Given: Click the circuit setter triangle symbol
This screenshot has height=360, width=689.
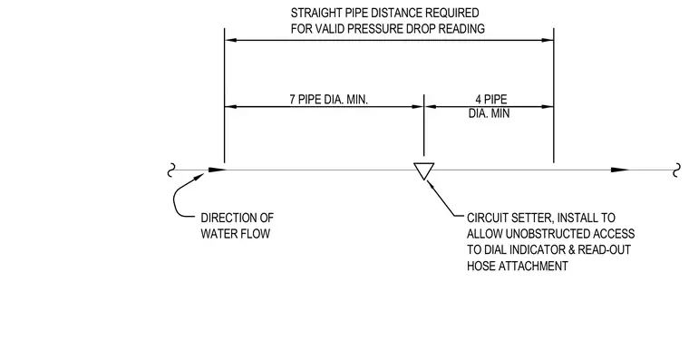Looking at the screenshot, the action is click(423, 170).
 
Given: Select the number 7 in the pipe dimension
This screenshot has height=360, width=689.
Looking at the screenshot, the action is click(292, 100).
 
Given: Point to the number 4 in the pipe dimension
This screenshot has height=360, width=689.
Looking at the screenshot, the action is click(478, 100).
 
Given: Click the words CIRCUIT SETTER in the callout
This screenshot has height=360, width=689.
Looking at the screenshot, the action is click(509, 218).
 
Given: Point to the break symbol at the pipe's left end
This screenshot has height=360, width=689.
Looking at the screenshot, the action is click(171, 170).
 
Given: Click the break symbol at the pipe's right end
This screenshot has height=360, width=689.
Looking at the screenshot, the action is click(677, 170).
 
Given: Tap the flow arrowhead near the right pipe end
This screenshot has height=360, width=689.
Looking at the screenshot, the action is click(619, 170).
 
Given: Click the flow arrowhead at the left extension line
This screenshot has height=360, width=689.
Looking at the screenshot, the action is click(217, 170).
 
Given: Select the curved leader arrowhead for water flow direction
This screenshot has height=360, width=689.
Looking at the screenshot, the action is click(198, 178).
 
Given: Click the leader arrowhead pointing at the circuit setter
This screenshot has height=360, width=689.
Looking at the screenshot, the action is click(431, 185).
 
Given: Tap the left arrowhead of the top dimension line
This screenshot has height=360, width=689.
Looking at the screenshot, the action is click(230, 40).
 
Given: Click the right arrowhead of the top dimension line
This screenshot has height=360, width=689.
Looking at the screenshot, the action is click(548, 40).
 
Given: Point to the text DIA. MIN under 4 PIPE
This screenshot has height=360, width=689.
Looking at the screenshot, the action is click(489, 113).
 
